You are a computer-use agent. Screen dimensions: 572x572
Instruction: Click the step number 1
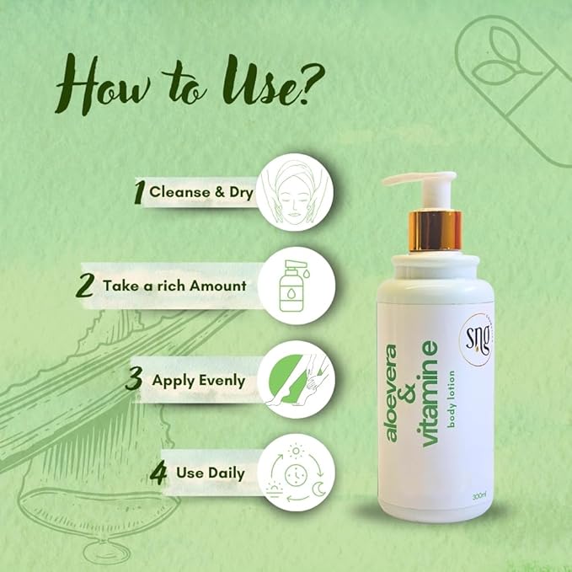pyautogui.click(x=140, y=192)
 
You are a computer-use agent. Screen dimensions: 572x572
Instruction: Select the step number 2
pyautogui.click(x=85, y=284)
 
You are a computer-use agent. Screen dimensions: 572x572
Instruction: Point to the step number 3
pyautogui.click(x=134, y=378)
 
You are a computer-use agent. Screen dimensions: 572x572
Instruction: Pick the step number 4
pyautogui.click(x=158, y=472)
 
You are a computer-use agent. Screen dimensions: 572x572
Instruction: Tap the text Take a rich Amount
pyautogui.click(x=174, y=285)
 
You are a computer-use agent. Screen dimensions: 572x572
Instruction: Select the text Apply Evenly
pyautogui.click(x=198, y=380)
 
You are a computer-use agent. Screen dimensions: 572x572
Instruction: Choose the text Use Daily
pyautogui.click(x=211, y=473)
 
